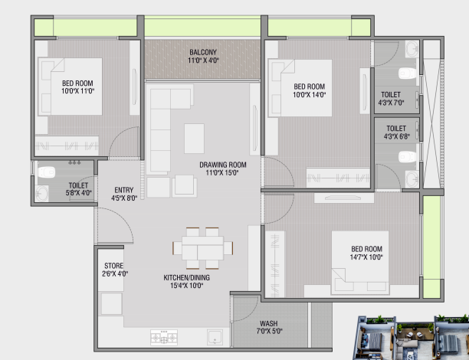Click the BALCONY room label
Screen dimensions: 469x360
point(203,52)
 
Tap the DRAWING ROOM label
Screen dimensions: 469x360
point(223,165)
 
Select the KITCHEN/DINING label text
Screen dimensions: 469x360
point(187,278)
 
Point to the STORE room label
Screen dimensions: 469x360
point(113,266)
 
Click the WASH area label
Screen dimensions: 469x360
point(268,323)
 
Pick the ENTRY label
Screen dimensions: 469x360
point(124,190)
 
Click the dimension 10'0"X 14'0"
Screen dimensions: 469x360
point(310,95)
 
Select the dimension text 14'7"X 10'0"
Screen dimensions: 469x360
point(367,257)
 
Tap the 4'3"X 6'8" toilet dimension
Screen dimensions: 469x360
point(397,136)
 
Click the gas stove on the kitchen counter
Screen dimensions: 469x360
point(164,337)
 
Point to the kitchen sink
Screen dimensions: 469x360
point(215,337)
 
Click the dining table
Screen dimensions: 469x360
point(202,248)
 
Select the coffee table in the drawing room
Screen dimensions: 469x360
point(194,139)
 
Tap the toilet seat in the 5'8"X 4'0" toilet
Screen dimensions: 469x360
point(47,172)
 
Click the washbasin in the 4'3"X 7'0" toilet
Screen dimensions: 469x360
point(412,49)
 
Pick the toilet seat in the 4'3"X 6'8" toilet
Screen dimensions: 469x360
point(407,157)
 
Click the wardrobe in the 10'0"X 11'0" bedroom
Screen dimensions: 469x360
point(67,146)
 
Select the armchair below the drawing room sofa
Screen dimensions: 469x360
point(185,186)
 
